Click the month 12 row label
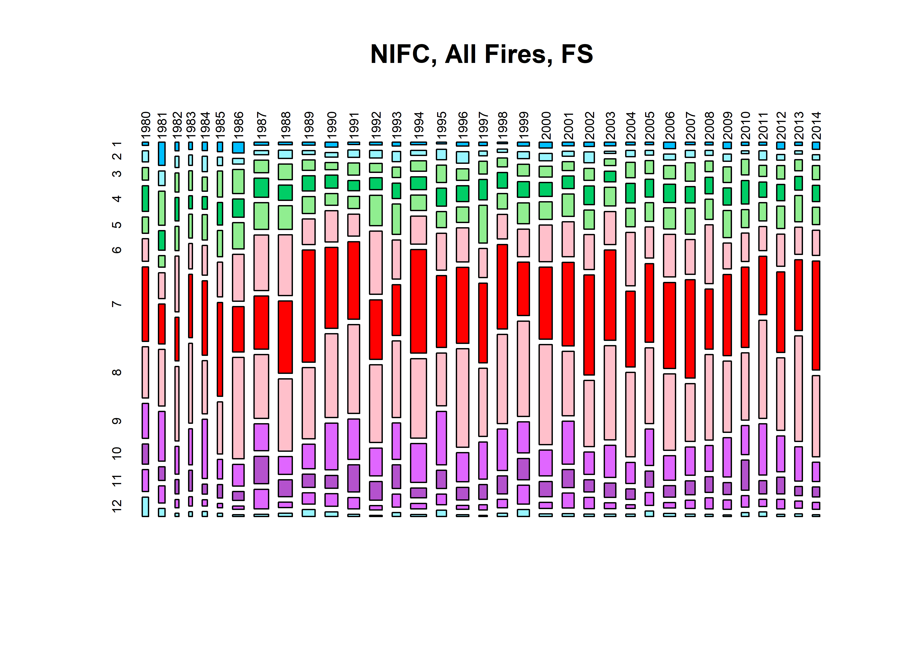[x=117, y=506]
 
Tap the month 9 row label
[x=117, y=421]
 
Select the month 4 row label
[x=117, y=198]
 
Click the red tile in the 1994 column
[x=418, y=301]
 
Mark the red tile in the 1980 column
[x=145, y=304]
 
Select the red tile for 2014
[x=816, y=315]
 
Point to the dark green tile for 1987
[x=261, y=188]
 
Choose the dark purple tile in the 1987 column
[x=261, y=470]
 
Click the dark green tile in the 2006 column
[x=669, y=193]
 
